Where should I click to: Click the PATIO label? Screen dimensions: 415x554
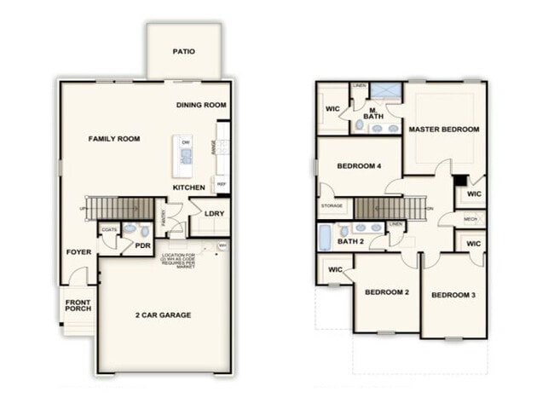point(183,52)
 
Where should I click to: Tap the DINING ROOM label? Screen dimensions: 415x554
point(201,105)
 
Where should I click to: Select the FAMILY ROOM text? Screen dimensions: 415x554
point(114,139)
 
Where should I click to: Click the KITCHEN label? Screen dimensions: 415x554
point(189,187)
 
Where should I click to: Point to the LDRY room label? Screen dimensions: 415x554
point(214,214)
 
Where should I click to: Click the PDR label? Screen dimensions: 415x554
point(142,245)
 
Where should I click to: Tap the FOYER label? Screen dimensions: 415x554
point(79,252)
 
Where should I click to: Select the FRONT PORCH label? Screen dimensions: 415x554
point(78,304)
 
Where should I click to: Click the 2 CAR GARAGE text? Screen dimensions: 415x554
point(164,315)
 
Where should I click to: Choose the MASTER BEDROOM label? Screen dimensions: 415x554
point(443,130)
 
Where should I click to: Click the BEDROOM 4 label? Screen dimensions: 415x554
point(359,165)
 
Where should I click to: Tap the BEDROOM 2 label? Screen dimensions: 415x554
point(387,292)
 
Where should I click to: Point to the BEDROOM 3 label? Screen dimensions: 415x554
point(453,295)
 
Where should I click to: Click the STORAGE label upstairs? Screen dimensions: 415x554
point(332,206)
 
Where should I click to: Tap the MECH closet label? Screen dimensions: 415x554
point(470,219)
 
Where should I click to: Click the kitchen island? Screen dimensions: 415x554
point(182,151)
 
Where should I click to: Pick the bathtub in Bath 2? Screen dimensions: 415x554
point(325,237)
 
